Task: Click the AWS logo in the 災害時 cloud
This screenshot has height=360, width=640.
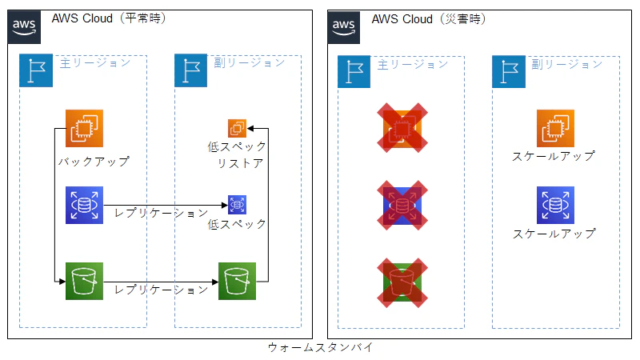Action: [344, 26]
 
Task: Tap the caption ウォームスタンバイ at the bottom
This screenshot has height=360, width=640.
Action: [319, 348]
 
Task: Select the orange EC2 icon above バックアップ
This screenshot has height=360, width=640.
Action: [84, 129]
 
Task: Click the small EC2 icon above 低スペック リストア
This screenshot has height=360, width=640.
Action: [237, 128]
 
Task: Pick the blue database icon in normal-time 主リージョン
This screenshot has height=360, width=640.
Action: [84, 205]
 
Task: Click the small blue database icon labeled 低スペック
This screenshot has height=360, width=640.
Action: [238, 205]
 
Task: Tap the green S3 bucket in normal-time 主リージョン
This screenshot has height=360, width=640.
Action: [84, 281]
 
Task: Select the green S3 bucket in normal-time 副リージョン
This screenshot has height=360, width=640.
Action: [237, 281]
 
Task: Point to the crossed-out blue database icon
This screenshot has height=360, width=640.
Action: [402, 205]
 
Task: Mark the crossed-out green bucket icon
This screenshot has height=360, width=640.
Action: [402, 281]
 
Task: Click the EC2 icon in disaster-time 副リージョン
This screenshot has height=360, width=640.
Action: [555, 129]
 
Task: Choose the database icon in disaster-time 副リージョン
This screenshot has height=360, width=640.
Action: [555, 205]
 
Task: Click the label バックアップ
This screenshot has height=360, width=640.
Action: [94, 162]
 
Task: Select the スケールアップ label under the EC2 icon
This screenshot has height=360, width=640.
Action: [554, 157]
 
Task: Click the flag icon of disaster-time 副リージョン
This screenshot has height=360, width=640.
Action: [509, 71]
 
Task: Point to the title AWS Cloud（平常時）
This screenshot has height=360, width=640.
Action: [109, 18]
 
